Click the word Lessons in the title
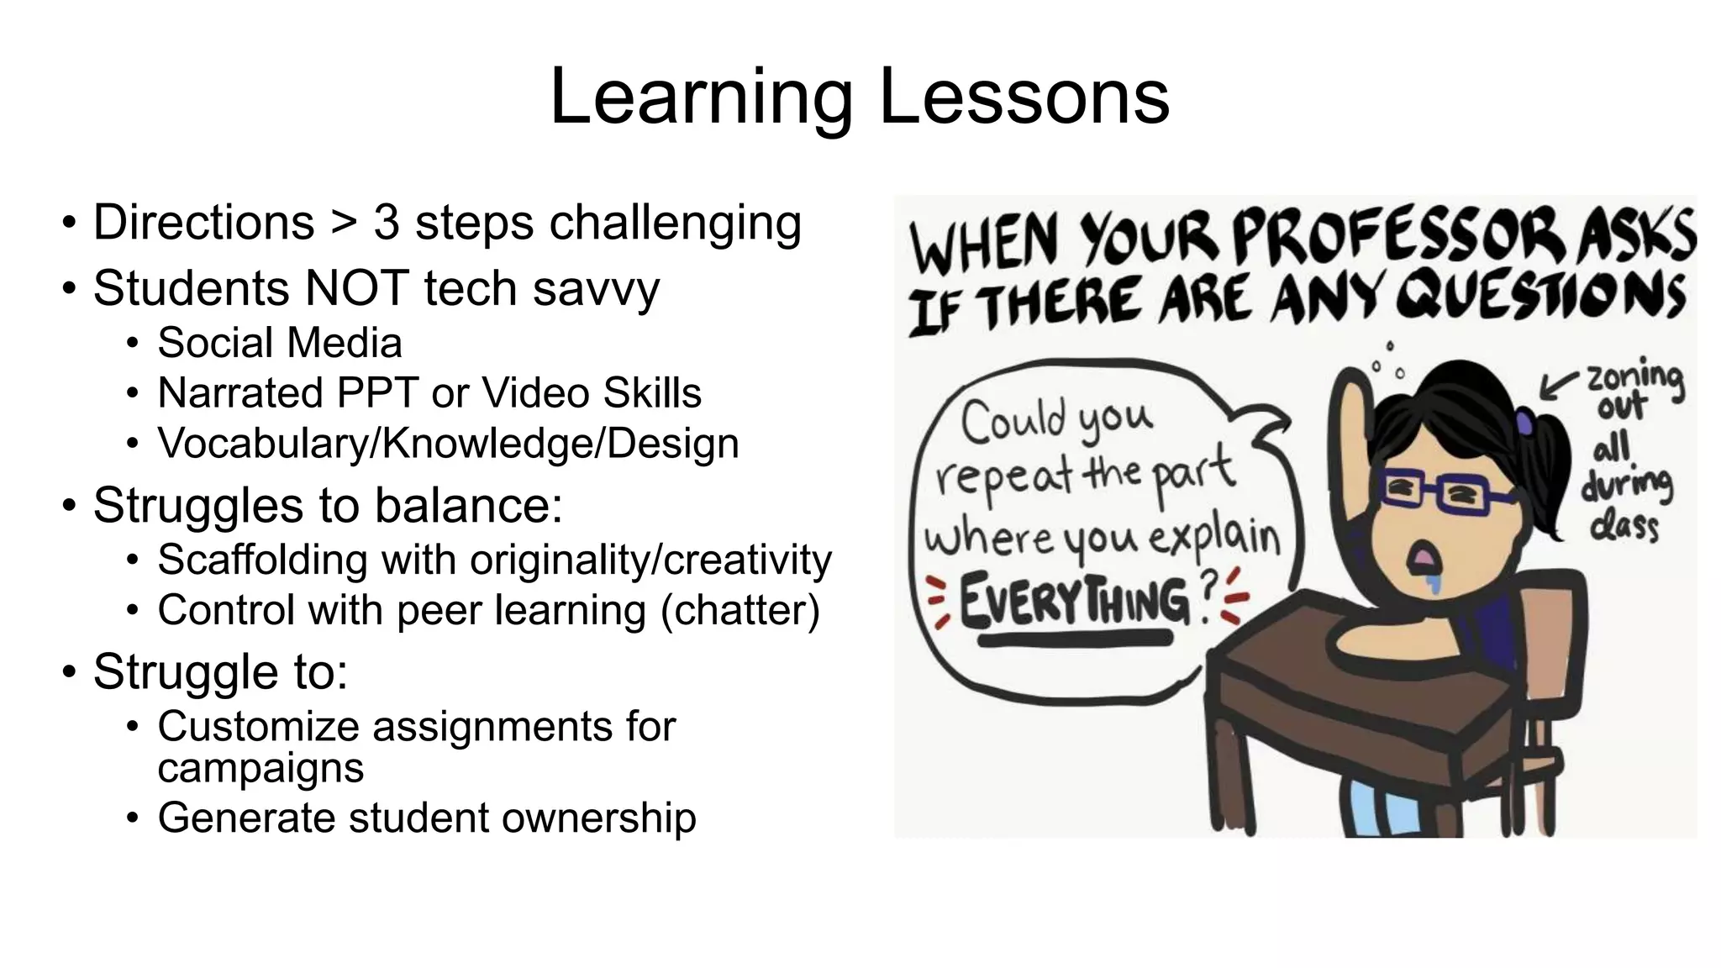[x=1024, y=97]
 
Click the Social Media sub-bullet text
[x=279, y=343]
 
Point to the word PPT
[x=376, y=393]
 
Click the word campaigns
[x=261, y=768]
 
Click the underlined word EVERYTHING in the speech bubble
[x=1076, y=602]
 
